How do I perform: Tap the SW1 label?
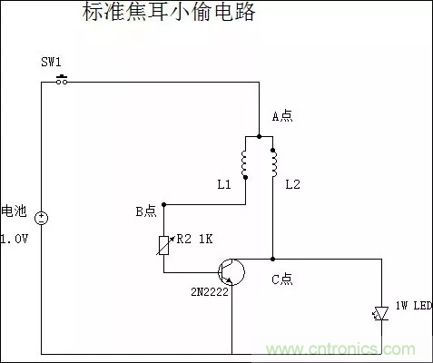[51, 62]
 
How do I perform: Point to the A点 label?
[284, 116]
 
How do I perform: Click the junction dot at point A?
[259, 137]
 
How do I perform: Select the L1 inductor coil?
[245, 162]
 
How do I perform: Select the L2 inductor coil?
[272, 162]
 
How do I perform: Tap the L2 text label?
[292, 185]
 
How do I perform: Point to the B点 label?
[146, 211]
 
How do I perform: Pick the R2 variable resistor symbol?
[163, 243]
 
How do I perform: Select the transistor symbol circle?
[232, 271]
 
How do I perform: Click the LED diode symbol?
[380, 312]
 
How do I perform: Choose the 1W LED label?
[413, 307]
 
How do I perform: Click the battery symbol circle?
[41, 218]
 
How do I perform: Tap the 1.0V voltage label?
[15, 240]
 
